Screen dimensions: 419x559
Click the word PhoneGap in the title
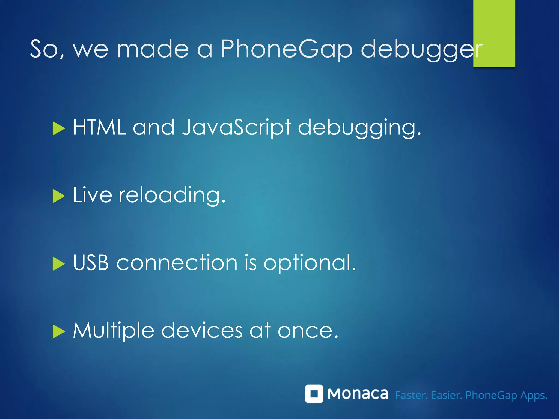pyautogui.click(x=287, y=49)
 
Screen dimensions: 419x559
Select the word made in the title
pyautogui.click(x=153, y=49)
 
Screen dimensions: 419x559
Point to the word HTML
pyautogui.click(x=99, y=127)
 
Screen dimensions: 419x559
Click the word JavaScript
pyautogui.click(x=236, y=127)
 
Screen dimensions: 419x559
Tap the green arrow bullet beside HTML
pyautogui.click(x=59, y=128)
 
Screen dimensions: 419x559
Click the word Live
pyautogui.click(x=92, y=195)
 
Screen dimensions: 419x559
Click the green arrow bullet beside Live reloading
pyautogui.click(x=59, y=196)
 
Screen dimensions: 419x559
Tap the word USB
pyautogui.click(x=91, y=263)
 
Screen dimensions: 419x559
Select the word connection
pyautogui.click(x=177, y=263)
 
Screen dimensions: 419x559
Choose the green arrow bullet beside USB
pyautogui.click(x=59, y=264)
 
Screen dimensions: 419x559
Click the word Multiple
pyautogui.click(x=114, y=331)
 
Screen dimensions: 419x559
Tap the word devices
pyautogui.click(x=202, y=330)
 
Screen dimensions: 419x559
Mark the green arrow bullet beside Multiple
pyautogui.click(x=59, y=331)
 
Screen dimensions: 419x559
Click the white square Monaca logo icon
pyautogui.click(x=314, y=394)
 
